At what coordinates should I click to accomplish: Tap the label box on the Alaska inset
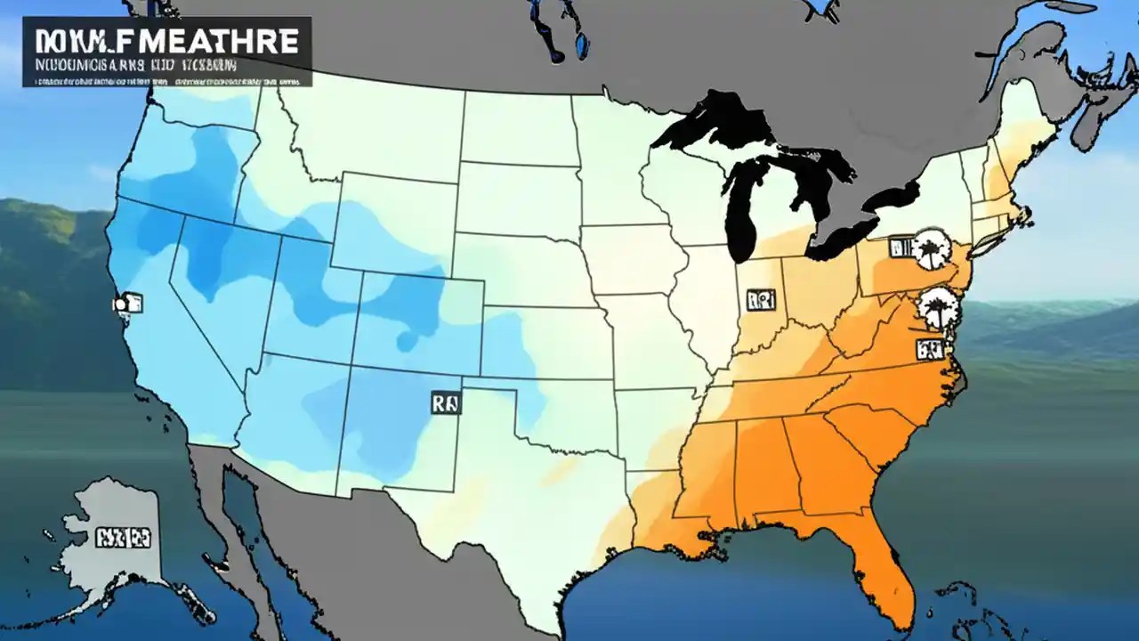point(124,537)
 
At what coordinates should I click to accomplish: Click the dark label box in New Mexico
point(446,403)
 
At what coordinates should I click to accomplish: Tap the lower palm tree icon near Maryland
point(936,307)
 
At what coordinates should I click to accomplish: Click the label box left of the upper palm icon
point(901,247)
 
